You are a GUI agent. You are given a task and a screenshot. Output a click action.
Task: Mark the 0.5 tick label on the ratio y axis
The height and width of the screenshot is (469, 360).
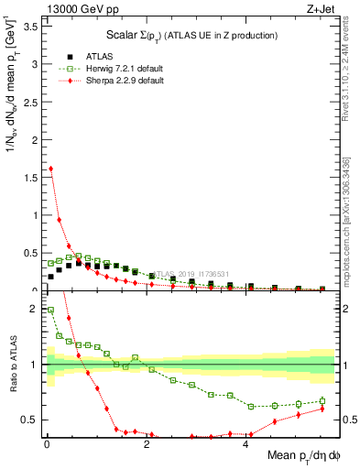click(x=33, y=420)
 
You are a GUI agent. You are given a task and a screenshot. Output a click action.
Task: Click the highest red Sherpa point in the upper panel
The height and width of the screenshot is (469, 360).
click(x=50, y=169)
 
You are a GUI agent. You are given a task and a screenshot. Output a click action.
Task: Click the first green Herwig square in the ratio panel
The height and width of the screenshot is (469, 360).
click(x=50, y=310)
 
